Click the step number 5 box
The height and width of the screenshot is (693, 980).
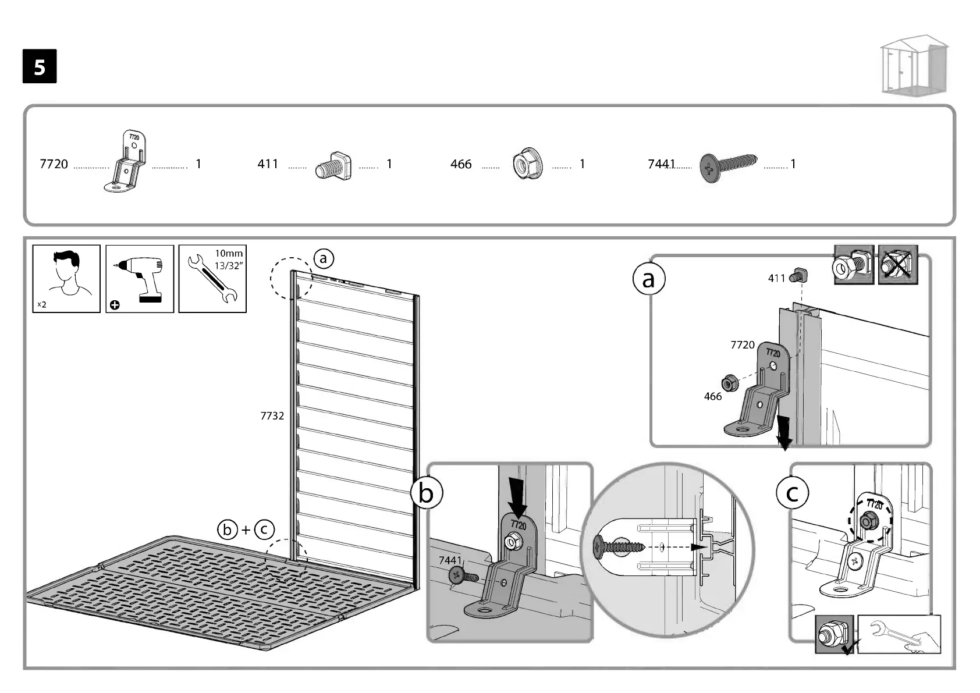pyautogui.click(x=40, y=66)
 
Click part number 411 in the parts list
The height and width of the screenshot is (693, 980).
pyautogui.click(x=268, y=164)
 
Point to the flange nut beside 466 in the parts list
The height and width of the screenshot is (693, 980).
pyautogui.click(x=528, y=164)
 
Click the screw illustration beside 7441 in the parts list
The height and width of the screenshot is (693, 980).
pyautogui.click(x=729, y=166)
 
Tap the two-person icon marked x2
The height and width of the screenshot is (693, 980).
pyautogui.click(x=66, y=279)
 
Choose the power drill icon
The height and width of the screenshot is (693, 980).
pyautogui.click(x=140, y=279)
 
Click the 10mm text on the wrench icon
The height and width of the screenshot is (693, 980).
pyautogui.click(x=229, y=253)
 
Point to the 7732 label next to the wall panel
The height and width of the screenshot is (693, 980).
pyautogui.click(x=272, y=415)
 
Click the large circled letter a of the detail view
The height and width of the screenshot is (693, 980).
pyautogui.click(x=648, y=279)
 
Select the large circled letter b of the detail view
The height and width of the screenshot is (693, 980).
pyautogui.click(x=426, y=493)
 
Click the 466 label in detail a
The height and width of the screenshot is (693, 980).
pyautogui.click(x=712, y=396)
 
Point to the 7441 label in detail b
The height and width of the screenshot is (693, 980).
pyautogui.click(x=449, y=560)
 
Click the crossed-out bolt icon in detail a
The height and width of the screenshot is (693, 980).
pyautogui.click(x=897, y=265)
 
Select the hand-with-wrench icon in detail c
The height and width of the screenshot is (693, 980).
pyautogui.click(x=899, y=634)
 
